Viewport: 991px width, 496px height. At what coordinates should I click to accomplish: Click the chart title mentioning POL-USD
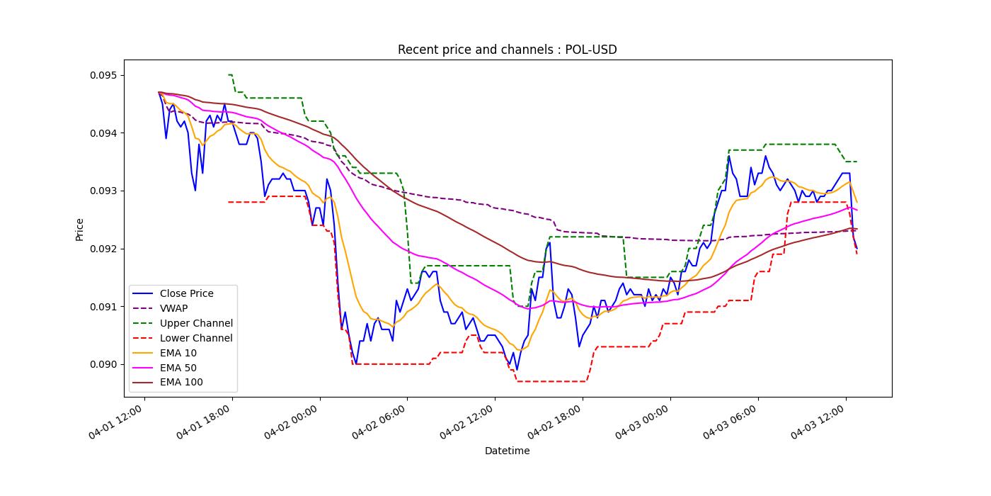pos(507,50)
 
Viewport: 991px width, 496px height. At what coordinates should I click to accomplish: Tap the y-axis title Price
pos(79,229)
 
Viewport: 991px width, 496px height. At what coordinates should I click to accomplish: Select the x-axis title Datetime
pos(507,451)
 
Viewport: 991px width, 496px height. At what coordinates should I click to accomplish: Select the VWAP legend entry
pos(173,308)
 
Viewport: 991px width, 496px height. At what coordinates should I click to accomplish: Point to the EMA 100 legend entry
pos(181,383)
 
